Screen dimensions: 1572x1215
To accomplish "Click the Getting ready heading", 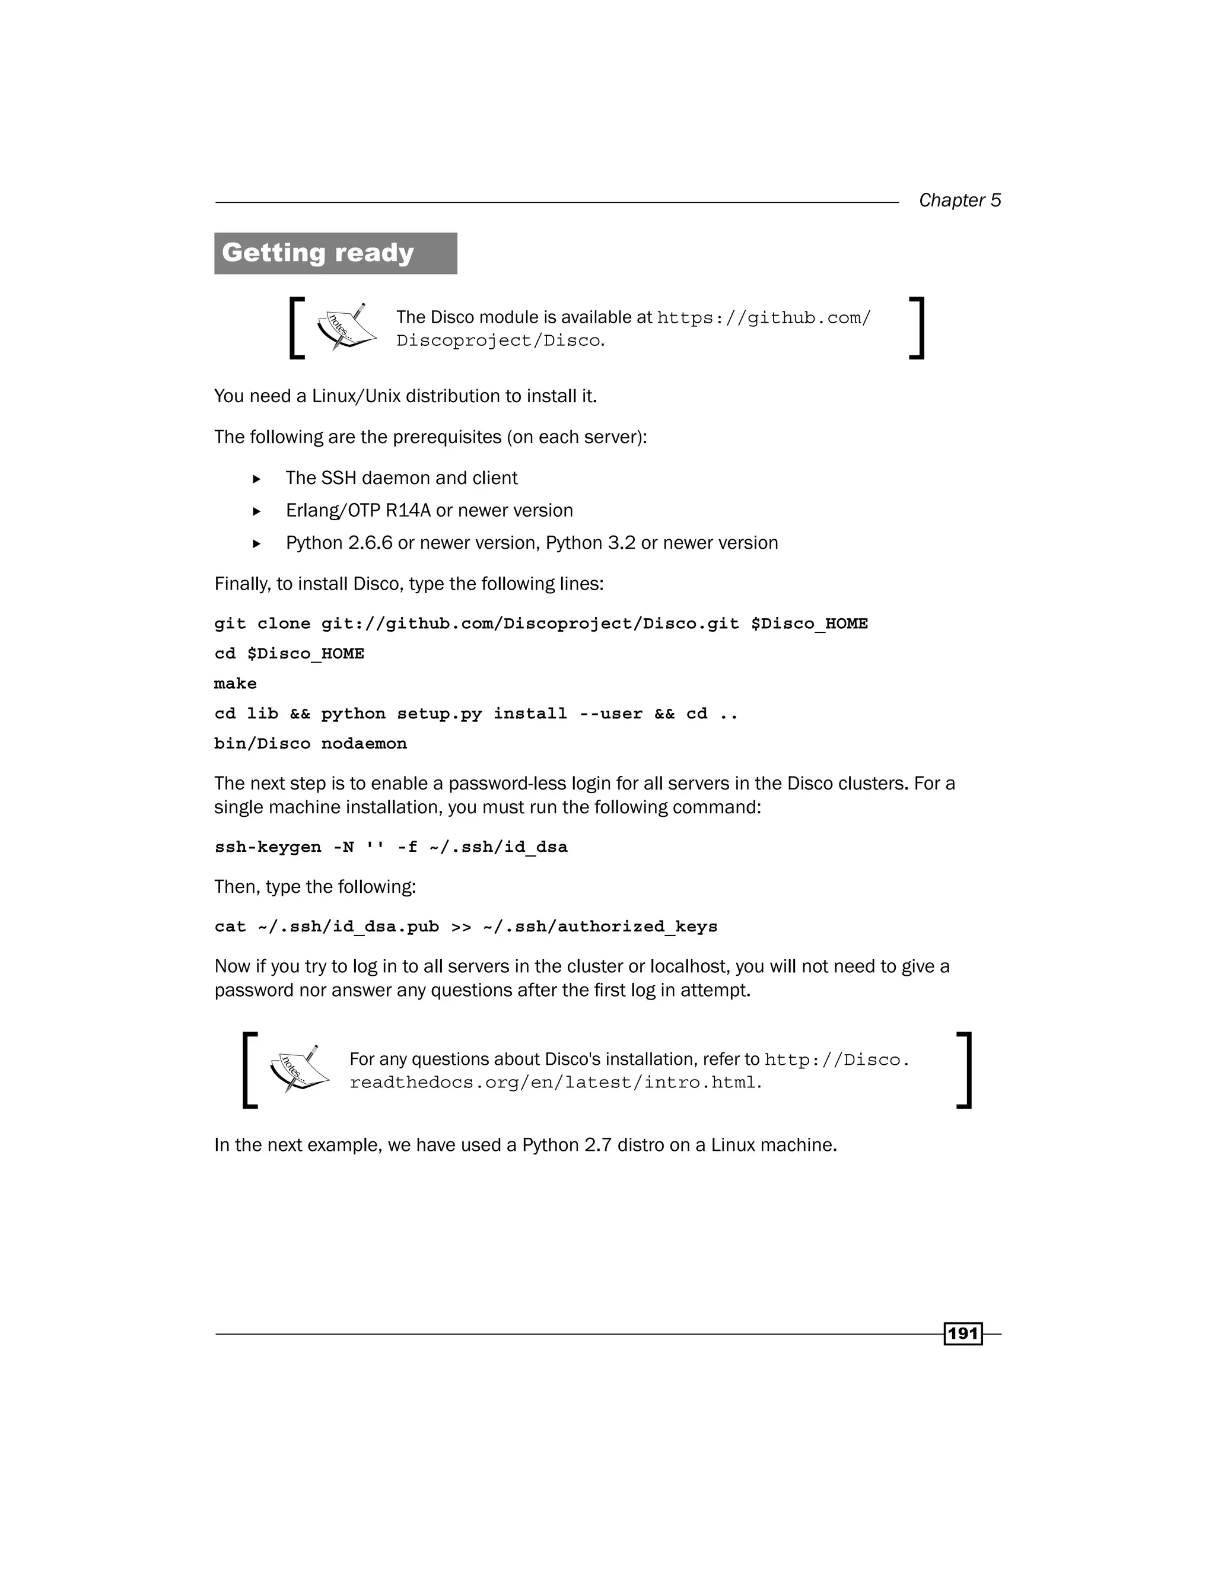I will [317, 253].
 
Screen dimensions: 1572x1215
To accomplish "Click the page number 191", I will [963, 1334].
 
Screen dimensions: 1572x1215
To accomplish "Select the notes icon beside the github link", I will [346, 327].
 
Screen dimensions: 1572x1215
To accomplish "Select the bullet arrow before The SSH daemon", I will [256, 479].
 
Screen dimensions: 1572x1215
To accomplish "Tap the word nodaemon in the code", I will [364, 743].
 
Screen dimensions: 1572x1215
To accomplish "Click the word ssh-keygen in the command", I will [268, 847].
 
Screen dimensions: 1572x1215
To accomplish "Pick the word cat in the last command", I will [230, 927].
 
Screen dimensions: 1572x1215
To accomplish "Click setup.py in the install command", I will [439, 713].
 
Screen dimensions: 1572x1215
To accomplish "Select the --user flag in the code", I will [611, 713].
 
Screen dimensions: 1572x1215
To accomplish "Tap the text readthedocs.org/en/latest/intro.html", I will [554, 1083].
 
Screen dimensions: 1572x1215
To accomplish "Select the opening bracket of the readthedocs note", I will [250, 1070].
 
